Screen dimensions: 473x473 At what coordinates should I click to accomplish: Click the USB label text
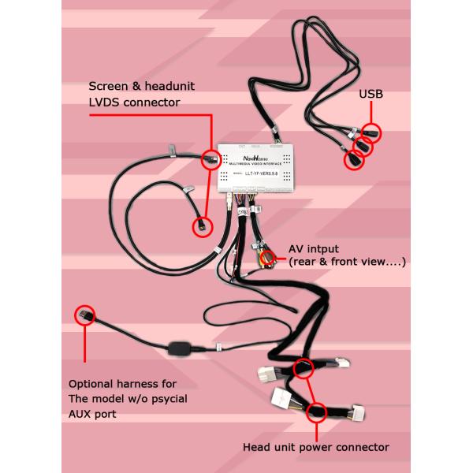(x=371, y=95)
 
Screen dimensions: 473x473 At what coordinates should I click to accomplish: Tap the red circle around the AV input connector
(x=270, y=257)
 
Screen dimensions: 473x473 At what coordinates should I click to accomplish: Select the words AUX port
(x=100, y=413)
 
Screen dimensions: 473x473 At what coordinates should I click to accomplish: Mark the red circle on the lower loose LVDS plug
(x=200, y=226)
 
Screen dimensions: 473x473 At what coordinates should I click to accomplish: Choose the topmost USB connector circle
(x=372, y=132)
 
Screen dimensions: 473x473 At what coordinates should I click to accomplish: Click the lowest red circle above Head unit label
(x=317, y=411)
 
